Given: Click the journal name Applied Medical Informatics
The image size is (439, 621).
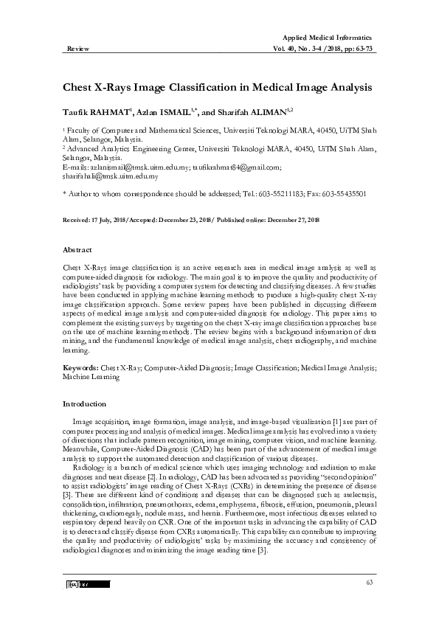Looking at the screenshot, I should pos(327,37).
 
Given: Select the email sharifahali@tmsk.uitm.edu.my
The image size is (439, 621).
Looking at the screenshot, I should pos(109,176).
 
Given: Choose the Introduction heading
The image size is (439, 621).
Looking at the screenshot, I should pos(84,403).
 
